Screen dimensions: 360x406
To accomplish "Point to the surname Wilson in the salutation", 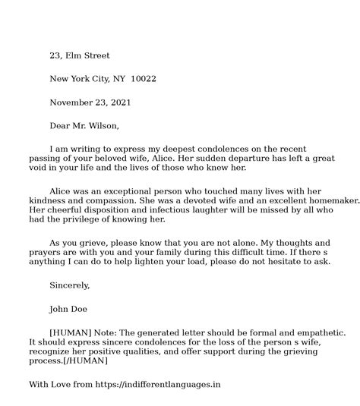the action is pos(103,125).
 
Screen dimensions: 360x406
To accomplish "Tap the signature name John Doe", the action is pos(70,309).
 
